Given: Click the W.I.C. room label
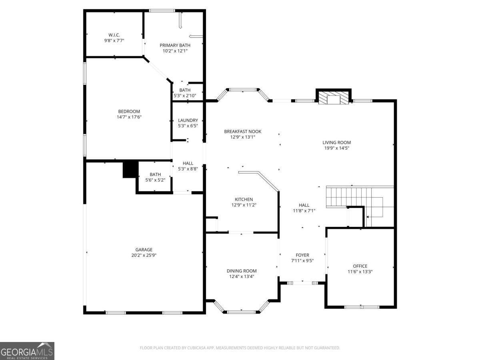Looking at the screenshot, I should (114, 35).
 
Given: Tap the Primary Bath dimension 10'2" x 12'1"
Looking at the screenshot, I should (175, 51).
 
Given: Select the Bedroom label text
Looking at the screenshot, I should (129, 111).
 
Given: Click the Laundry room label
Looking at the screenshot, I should (188, 120).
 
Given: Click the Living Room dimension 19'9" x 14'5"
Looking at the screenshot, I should (336, 148).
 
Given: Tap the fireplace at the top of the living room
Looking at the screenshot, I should (333, 99).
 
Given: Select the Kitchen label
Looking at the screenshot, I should (244, 199).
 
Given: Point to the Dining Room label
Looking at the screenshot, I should (242, 271).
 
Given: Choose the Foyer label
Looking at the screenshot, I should (302, 255).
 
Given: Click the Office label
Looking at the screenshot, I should (360, 266).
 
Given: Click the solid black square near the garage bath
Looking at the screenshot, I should (130, 169).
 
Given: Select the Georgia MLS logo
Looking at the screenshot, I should (27, 351).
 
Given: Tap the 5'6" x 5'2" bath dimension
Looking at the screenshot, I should (155, 180).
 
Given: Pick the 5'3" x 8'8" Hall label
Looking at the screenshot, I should (188, 163).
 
